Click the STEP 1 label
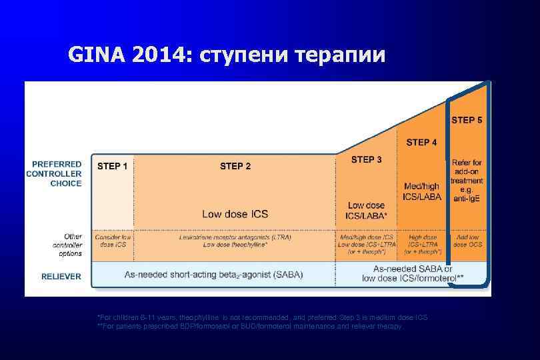[x=113, y=166]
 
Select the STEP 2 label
[x=235, y=166]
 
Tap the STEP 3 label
[x=367, y=159]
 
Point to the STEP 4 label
[x=421, y=142]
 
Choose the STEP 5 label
[x=467, y=121]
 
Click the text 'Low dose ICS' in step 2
[x=235, y=214]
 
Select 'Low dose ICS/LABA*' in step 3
[x=367, y=210]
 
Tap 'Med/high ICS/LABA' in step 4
[x=421, y=191]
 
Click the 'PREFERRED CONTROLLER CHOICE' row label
[x=54, y=173]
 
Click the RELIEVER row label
[x=61, y=276]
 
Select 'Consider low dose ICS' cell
[x=113, y=241]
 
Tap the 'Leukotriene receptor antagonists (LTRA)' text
[x=235, y=237]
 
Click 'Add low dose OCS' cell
[x=467, y=241]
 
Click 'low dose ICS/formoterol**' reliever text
[x=413, y=278]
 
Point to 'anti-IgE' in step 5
[x=467, y=199]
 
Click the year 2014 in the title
[x=160, y=55]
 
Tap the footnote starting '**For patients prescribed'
[x=250, y=327]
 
